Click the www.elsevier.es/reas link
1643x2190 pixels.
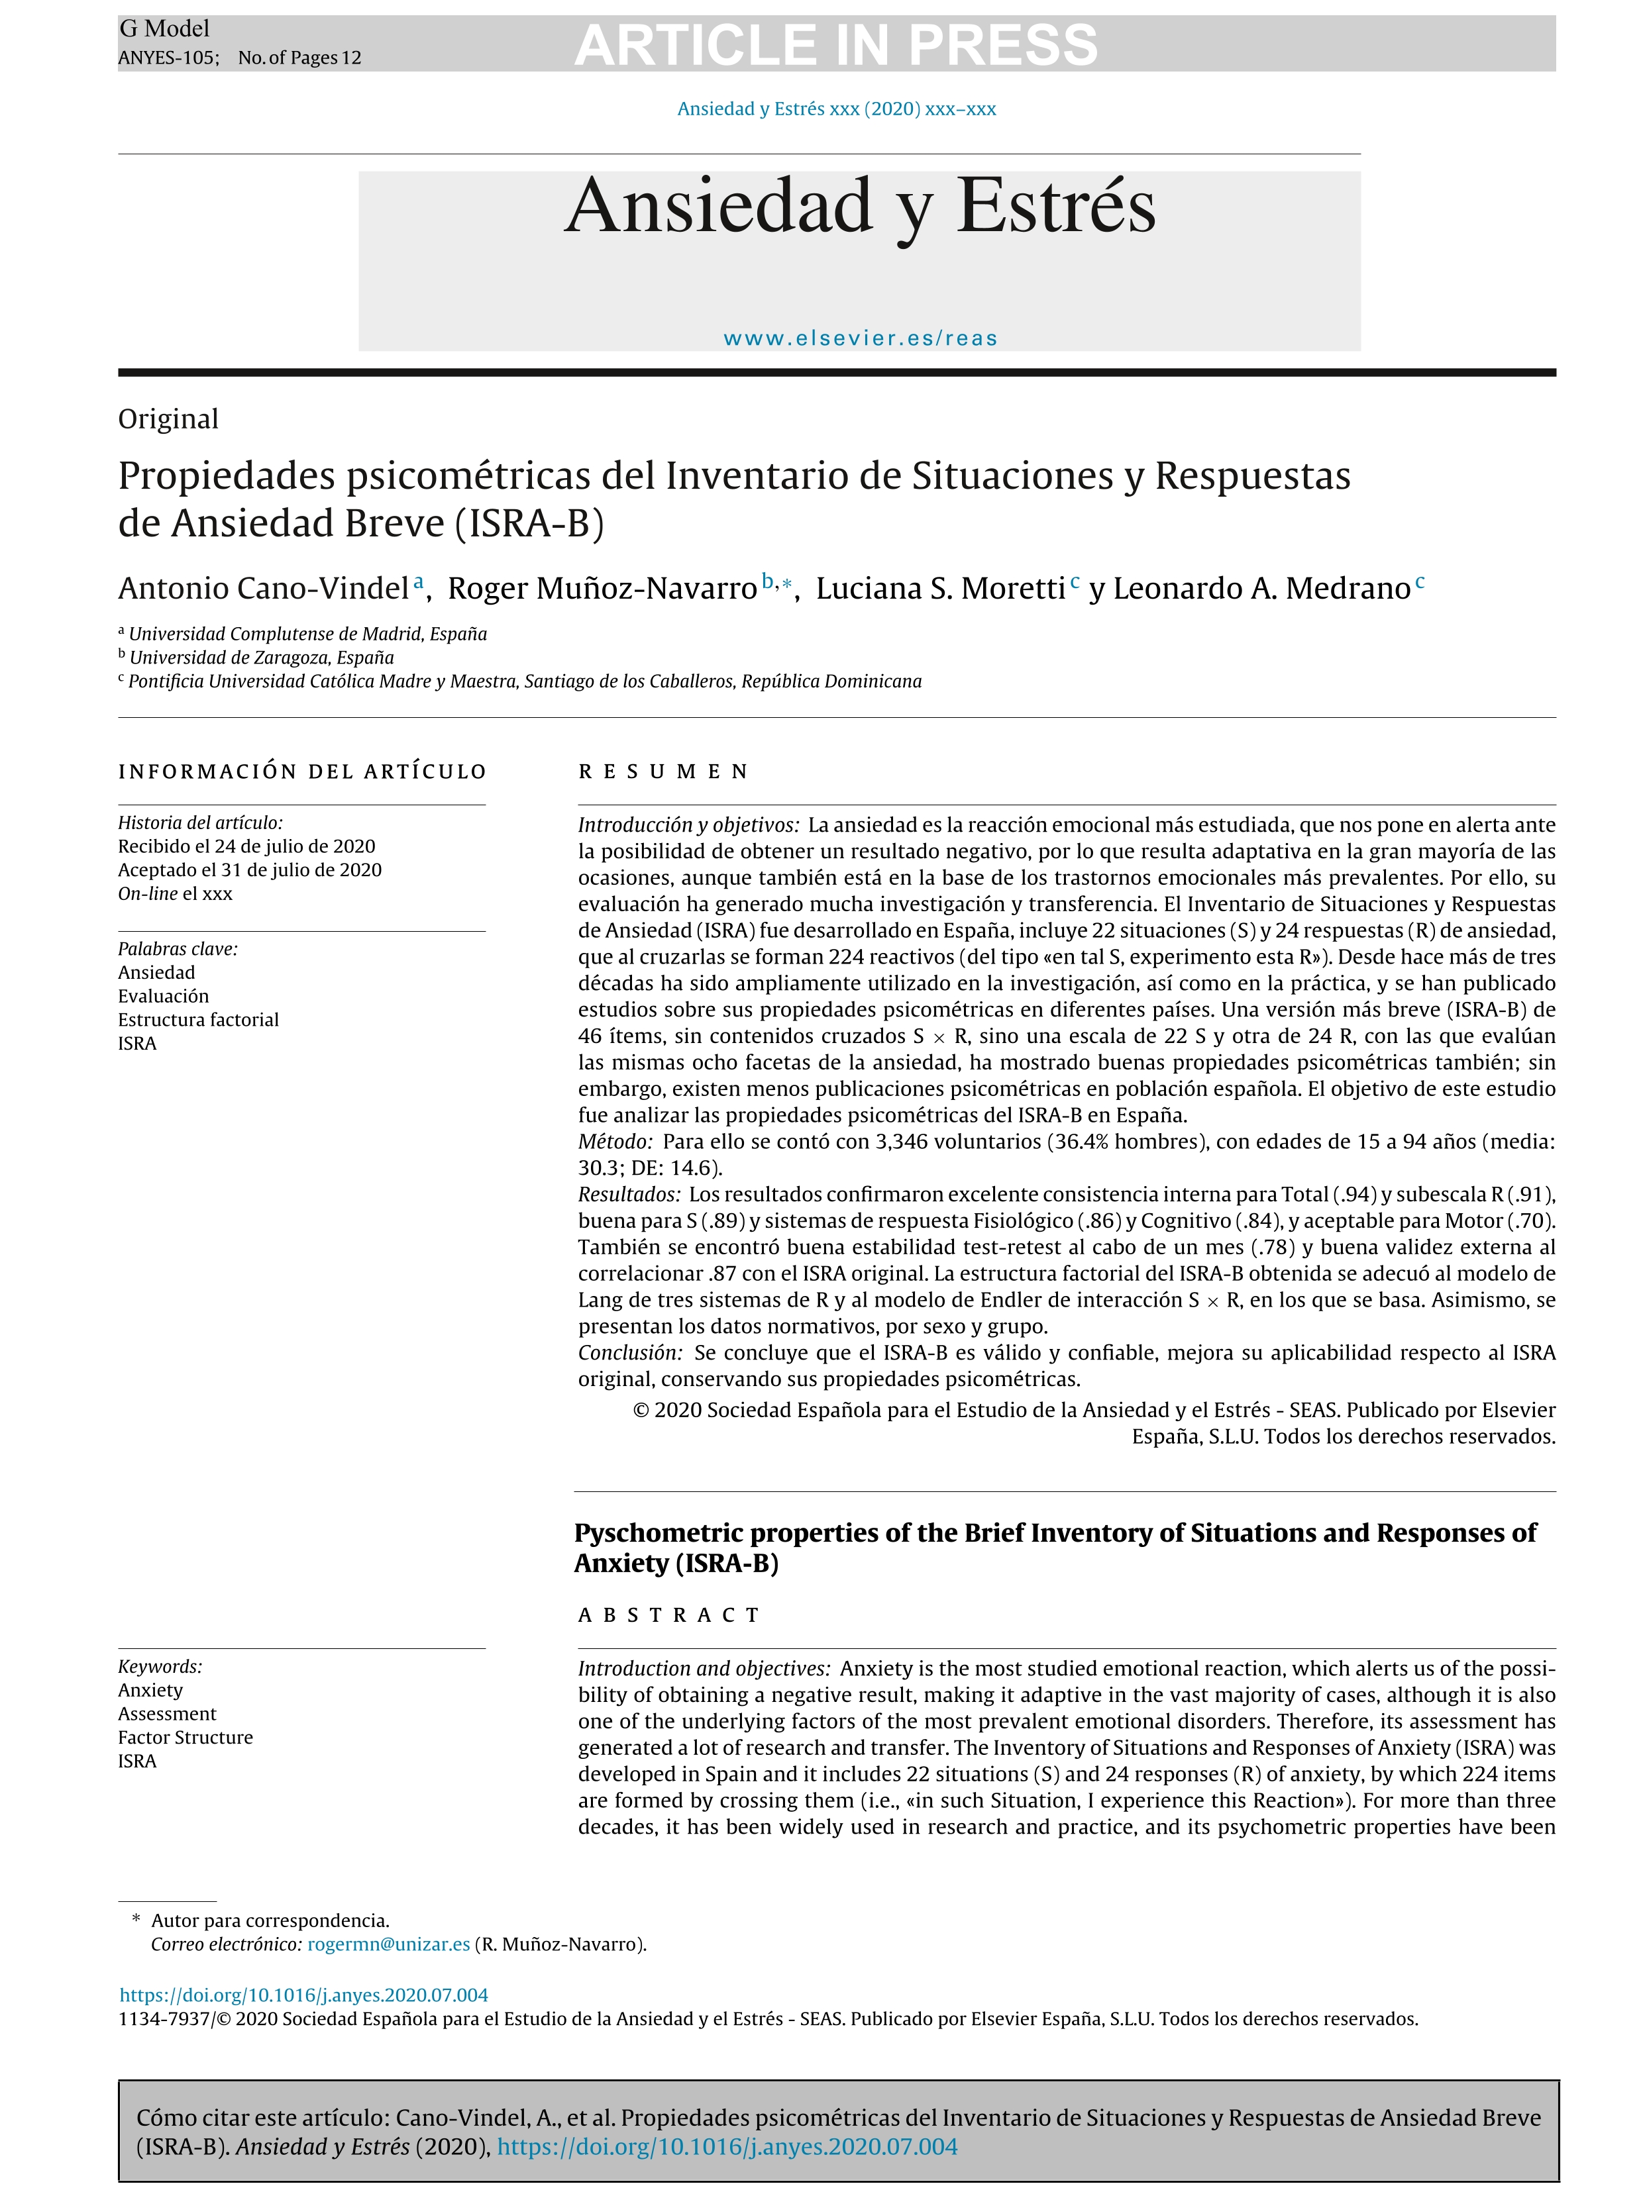point(860,338)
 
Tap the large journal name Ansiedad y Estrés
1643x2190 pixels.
point(860,206)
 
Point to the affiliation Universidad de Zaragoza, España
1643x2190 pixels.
point(262,658)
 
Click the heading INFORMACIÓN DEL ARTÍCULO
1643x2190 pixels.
point(302,771)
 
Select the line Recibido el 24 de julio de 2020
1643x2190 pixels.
point(246,846)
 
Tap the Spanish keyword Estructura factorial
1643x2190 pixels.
point(198,1020)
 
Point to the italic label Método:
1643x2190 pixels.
point(615,1142)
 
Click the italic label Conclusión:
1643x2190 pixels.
point(630,1352)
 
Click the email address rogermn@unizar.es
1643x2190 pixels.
point(388,1944)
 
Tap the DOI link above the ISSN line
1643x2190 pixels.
point(304,1995)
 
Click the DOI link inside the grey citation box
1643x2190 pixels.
point(727,2146)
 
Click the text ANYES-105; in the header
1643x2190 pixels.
point(168,58)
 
